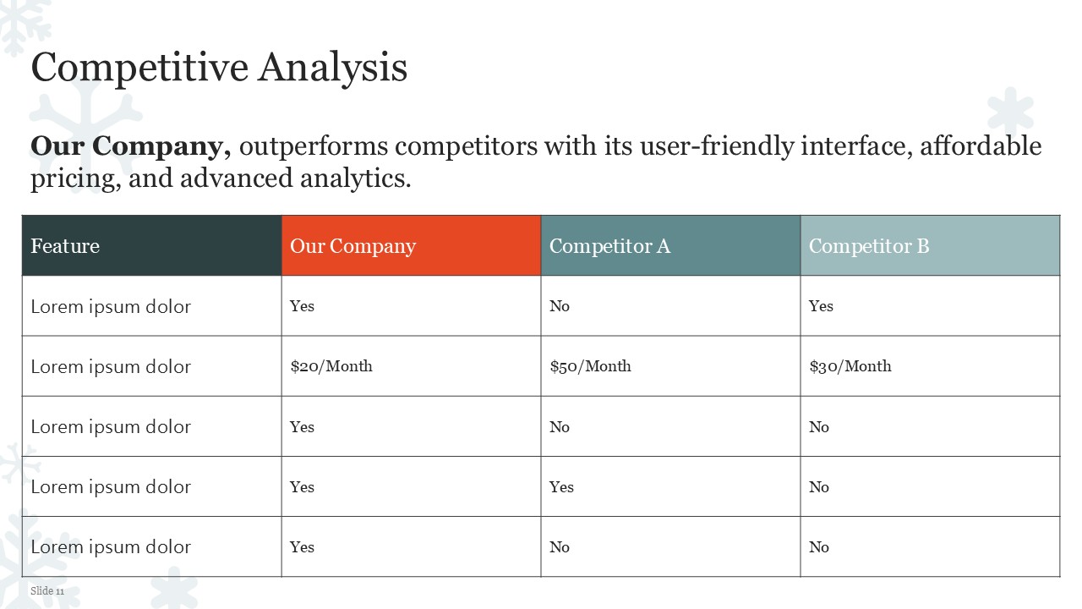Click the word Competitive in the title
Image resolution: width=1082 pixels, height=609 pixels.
click(x=139, y=69)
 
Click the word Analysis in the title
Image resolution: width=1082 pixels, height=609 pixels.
click(x=333, y=69)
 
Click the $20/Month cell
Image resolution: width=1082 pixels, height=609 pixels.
click(x=331, y=366)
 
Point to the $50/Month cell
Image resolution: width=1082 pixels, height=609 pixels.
click(x=590, y=366)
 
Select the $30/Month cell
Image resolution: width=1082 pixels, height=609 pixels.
click(x=850, y=366)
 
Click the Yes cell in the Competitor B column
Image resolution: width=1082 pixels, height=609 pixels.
click(x=821, y=306)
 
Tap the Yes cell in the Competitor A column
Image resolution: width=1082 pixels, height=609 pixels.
click(x=561, y=486)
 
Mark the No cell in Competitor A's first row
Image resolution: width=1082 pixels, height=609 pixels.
click(x=560, y=306)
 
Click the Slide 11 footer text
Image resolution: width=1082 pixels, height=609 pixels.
click(x=47, y=590)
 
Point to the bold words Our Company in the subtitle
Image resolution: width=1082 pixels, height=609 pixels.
click(x=130, y=146)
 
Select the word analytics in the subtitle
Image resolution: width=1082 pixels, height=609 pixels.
click(x=356, y=178)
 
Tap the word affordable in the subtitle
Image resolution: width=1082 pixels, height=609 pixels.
click(x=981, y=146)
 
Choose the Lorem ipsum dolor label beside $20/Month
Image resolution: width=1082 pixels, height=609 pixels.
click(x=111, y=367)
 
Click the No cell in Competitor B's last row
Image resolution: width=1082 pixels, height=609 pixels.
click(x=819, y=547)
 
